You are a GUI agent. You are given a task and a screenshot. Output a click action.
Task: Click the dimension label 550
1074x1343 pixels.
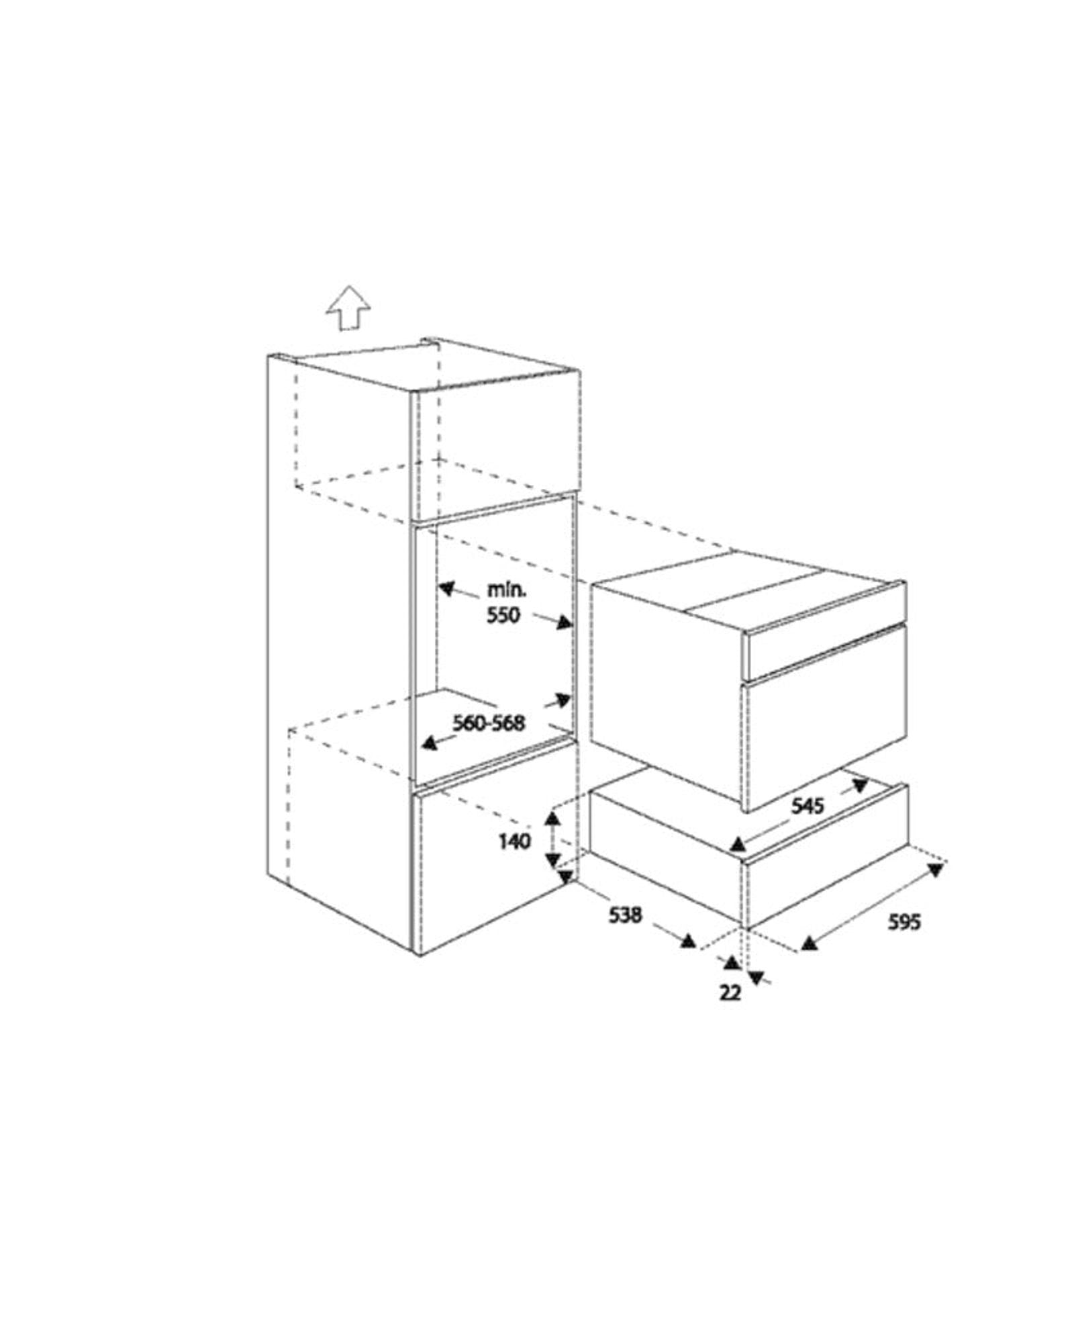point(503,615)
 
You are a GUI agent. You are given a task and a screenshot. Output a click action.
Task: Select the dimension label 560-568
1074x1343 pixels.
point(488,723)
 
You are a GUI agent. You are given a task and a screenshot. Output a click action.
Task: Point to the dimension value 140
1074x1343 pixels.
point(515,841)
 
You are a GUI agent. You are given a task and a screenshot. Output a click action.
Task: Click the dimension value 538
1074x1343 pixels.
point(625,915)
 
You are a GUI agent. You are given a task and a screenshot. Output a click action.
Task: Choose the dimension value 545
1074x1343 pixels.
point(807,805)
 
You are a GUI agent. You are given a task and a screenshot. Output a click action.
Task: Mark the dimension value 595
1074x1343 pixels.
point(904,922)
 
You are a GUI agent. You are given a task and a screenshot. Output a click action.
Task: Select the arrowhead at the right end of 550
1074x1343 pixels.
point(563,623)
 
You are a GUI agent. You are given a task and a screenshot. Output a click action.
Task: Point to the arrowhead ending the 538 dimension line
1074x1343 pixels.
point(687,941)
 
